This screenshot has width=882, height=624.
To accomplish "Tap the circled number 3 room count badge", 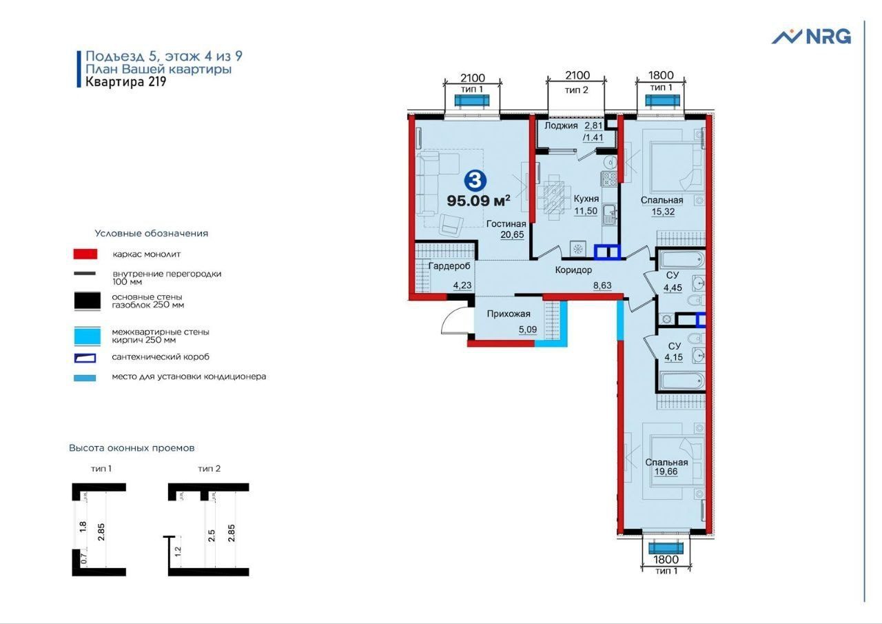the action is click(475, 181).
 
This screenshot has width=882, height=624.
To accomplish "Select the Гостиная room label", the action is click(506, 224).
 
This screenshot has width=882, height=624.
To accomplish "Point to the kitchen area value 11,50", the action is click(586, 211).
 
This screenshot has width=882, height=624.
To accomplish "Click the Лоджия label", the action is click(561, 125).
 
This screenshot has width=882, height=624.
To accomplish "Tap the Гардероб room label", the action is click(449, 266).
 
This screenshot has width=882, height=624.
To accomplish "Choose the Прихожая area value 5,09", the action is click(528, 330).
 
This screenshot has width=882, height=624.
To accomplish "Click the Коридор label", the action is click(573, 270).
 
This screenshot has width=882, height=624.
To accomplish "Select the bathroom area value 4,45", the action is click(673, 288).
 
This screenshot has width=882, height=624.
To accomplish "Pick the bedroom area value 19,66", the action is click(666, 472).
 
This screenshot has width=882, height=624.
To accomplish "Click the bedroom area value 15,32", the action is click(663, 212).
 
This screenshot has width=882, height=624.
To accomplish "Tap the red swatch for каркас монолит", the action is click(85, 254).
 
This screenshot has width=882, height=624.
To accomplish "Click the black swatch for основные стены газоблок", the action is click(87, 301).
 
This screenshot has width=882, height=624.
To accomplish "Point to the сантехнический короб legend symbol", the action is click(85, 358).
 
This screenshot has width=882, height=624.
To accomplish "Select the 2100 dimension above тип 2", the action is click(577, 75).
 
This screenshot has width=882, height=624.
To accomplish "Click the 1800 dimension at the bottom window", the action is click(666, 559).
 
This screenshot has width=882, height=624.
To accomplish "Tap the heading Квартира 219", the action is click(126, 82).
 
